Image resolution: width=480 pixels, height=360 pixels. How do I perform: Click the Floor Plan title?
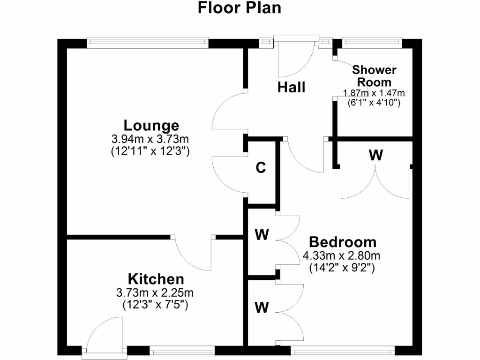pyautogui.click(x=240, y=8)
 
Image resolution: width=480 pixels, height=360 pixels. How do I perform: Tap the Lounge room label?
pyautogui.click(x=151, y=126)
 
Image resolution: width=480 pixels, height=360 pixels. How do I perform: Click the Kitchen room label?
pyautogui.click(x=156, y=280)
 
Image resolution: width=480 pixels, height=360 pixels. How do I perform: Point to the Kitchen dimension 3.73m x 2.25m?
pyautogui.click(x=155, y=293)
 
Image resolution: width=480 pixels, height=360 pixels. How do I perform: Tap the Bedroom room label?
pyautogui.click(x=343, y=242)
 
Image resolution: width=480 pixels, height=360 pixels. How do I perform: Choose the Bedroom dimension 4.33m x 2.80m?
pyautogui.click(x=341, y=256)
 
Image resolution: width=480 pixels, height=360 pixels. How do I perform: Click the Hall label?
pyautogui.click(x=291, y=87)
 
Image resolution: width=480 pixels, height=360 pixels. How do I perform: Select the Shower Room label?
pyautogui.click(x=374, y=76)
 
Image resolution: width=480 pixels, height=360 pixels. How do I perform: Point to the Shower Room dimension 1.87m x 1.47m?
pyautogui.click(x=374, y=93)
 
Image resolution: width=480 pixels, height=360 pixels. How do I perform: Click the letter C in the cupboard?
pyautogui.click(x=261, y=168)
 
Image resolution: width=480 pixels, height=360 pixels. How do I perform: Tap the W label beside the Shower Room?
pyautogui.click(x=375, y=156)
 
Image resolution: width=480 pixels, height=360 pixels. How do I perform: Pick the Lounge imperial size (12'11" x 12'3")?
pyautogui.click(x=150, y=151)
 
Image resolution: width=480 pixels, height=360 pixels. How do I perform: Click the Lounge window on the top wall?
pyautogui.click(x=147, y=43)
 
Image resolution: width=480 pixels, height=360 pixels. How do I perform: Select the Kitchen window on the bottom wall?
pyautogui.click(x=182, y=350)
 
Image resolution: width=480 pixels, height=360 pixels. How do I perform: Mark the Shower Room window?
pyautogui.click(x=372, y=43)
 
